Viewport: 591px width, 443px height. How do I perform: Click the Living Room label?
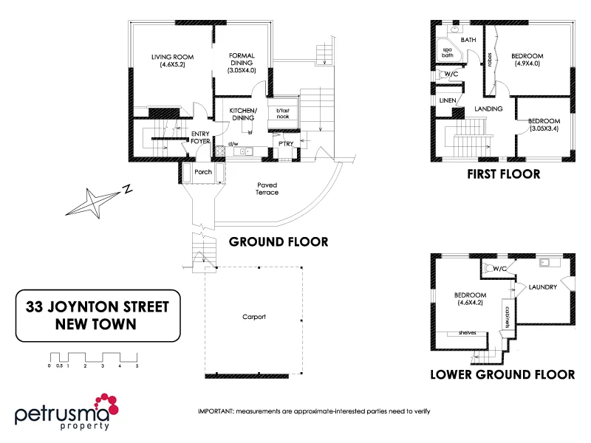coord(166,61)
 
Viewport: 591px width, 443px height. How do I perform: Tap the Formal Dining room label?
coord(242,62)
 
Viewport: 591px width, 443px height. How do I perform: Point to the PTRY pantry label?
coord(286,143)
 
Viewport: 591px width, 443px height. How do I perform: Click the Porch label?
coord(202,172)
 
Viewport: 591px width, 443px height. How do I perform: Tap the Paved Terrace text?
coord(267,188)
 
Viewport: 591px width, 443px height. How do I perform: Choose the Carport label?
coord(253,317)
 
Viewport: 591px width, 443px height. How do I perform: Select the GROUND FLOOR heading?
coord(279,241)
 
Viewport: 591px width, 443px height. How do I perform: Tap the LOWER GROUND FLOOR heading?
coord(502,374)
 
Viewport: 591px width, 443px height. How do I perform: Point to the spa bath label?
coord(448,52)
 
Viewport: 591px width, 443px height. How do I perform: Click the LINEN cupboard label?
coord(447,100)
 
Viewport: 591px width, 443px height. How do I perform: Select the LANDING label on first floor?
coord(488,109)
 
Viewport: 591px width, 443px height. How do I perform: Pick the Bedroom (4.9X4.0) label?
coord(527,60)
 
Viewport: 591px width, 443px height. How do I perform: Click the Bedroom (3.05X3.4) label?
coord(544,125)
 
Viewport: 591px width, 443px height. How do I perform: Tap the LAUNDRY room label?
coord(542,286)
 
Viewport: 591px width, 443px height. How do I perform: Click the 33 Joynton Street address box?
coord(98,315)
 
